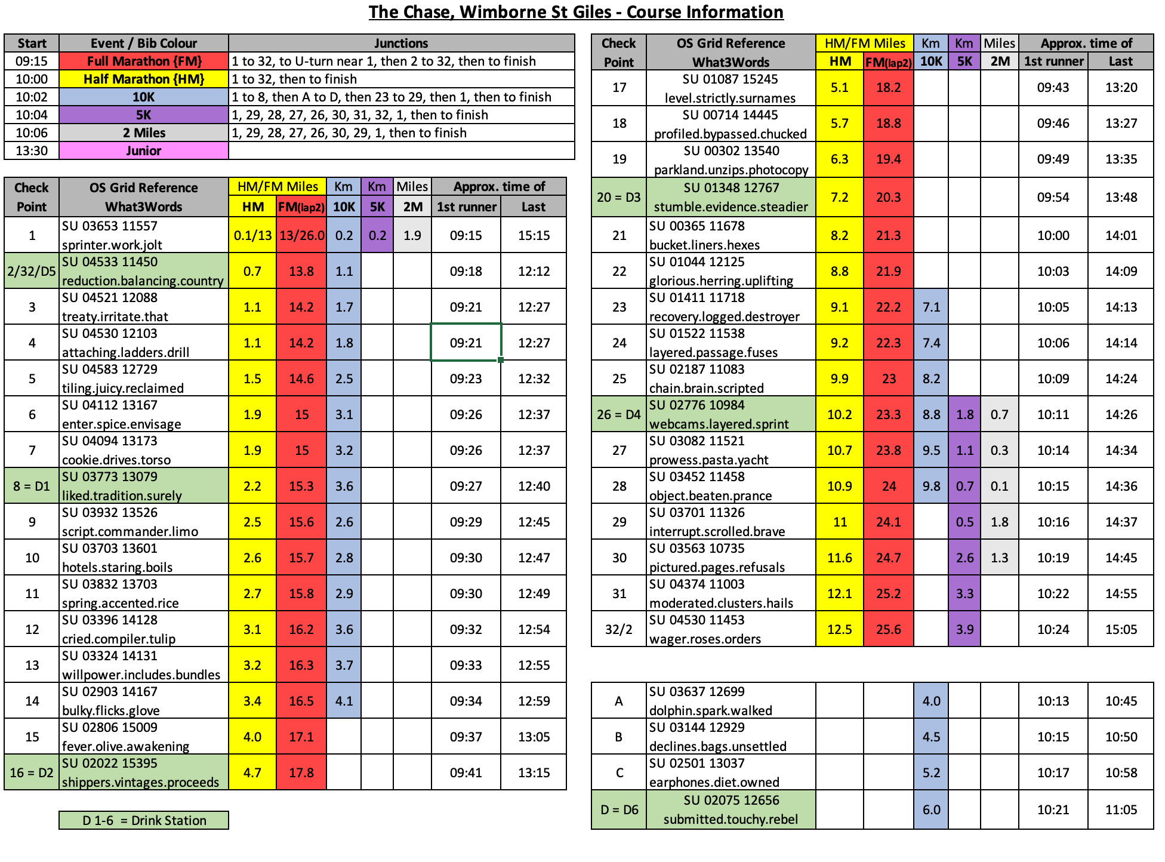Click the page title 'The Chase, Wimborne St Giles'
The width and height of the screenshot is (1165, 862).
click(575, 12)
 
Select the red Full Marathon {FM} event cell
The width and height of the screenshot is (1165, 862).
click(144, 61)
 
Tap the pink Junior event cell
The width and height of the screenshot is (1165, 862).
click(144, 150)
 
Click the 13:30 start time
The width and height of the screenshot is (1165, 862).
click(32, 150)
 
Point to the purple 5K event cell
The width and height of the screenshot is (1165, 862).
click(144, 115)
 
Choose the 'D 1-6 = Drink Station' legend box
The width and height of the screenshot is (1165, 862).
click(144, 820)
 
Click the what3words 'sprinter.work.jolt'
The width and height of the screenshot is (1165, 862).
click(112, 245)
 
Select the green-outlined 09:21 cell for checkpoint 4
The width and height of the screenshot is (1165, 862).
click(466, 343)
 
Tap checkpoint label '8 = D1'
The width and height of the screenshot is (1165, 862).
click(32, 486)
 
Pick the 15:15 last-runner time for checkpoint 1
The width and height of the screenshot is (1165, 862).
click(534, 235)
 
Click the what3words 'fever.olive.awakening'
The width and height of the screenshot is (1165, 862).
click(125, 746)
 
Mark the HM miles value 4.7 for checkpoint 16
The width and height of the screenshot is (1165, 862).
click(252, 772)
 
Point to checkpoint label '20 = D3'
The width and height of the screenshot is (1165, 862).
click(618, 197)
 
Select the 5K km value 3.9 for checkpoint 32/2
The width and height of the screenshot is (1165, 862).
click(964, 629)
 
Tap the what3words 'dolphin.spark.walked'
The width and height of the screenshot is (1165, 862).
click(710, 710)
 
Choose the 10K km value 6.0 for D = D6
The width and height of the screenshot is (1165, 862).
click(931, 809)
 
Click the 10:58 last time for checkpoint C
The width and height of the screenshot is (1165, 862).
click(1121, 772)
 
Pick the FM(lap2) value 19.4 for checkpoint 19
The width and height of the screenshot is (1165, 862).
click(888, 159)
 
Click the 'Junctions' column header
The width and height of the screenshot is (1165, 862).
click(401, 43)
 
